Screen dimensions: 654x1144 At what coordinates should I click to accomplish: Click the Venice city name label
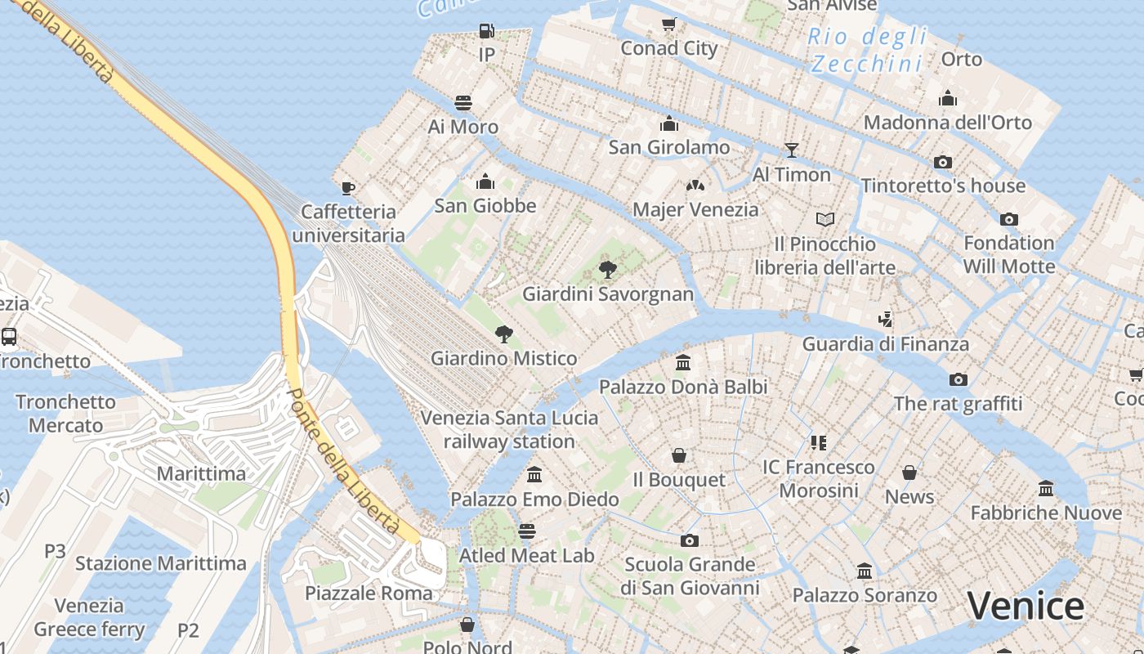[1026, 606]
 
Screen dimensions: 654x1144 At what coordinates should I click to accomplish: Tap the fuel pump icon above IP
[486, 31]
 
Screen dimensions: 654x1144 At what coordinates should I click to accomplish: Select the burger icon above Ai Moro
[463, 103]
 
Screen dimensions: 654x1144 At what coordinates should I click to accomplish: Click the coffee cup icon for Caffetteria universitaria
[348, 188]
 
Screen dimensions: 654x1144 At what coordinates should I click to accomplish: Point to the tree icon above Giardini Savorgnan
[607, 270]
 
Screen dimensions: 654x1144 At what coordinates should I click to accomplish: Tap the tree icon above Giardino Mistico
[504, 334]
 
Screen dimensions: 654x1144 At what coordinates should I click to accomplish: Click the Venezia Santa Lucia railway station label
[509, 429]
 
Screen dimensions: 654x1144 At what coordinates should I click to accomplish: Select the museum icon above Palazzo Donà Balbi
[683, 362]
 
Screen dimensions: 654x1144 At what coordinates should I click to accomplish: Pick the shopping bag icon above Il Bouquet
[679, 455]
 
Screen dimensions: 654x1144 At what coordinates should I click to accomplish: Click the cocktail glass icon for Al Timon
[791, 150]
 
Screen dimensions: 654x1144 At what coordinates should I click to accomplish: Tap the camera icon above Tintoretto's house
[943, 162]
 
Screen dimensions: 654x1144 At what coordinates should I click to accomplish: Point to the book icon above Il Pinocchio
[825, 219]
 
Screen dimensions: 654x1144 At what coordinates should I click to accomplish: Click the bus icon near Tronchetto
[9, 336]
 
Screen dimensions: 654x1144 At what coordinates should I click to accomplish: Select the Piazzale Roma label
[369, 593]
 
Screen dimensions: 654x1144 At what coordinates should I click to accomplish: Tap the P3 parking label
[55, 551]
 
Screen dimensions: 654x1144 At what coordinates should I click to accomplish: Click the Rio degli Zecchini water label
[868, 49]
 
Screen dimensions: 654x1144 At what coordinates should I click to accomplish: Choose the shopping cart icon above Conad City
[668, 25]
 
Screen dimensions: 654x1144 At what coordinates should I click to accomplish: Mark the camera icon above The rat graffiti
[958, 379]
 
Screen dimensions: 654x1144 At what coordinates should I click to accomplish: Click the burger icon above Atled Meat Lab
[527, 531]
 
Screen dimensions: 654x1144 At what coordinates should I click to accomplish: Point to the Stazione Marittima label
[161, 563]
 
